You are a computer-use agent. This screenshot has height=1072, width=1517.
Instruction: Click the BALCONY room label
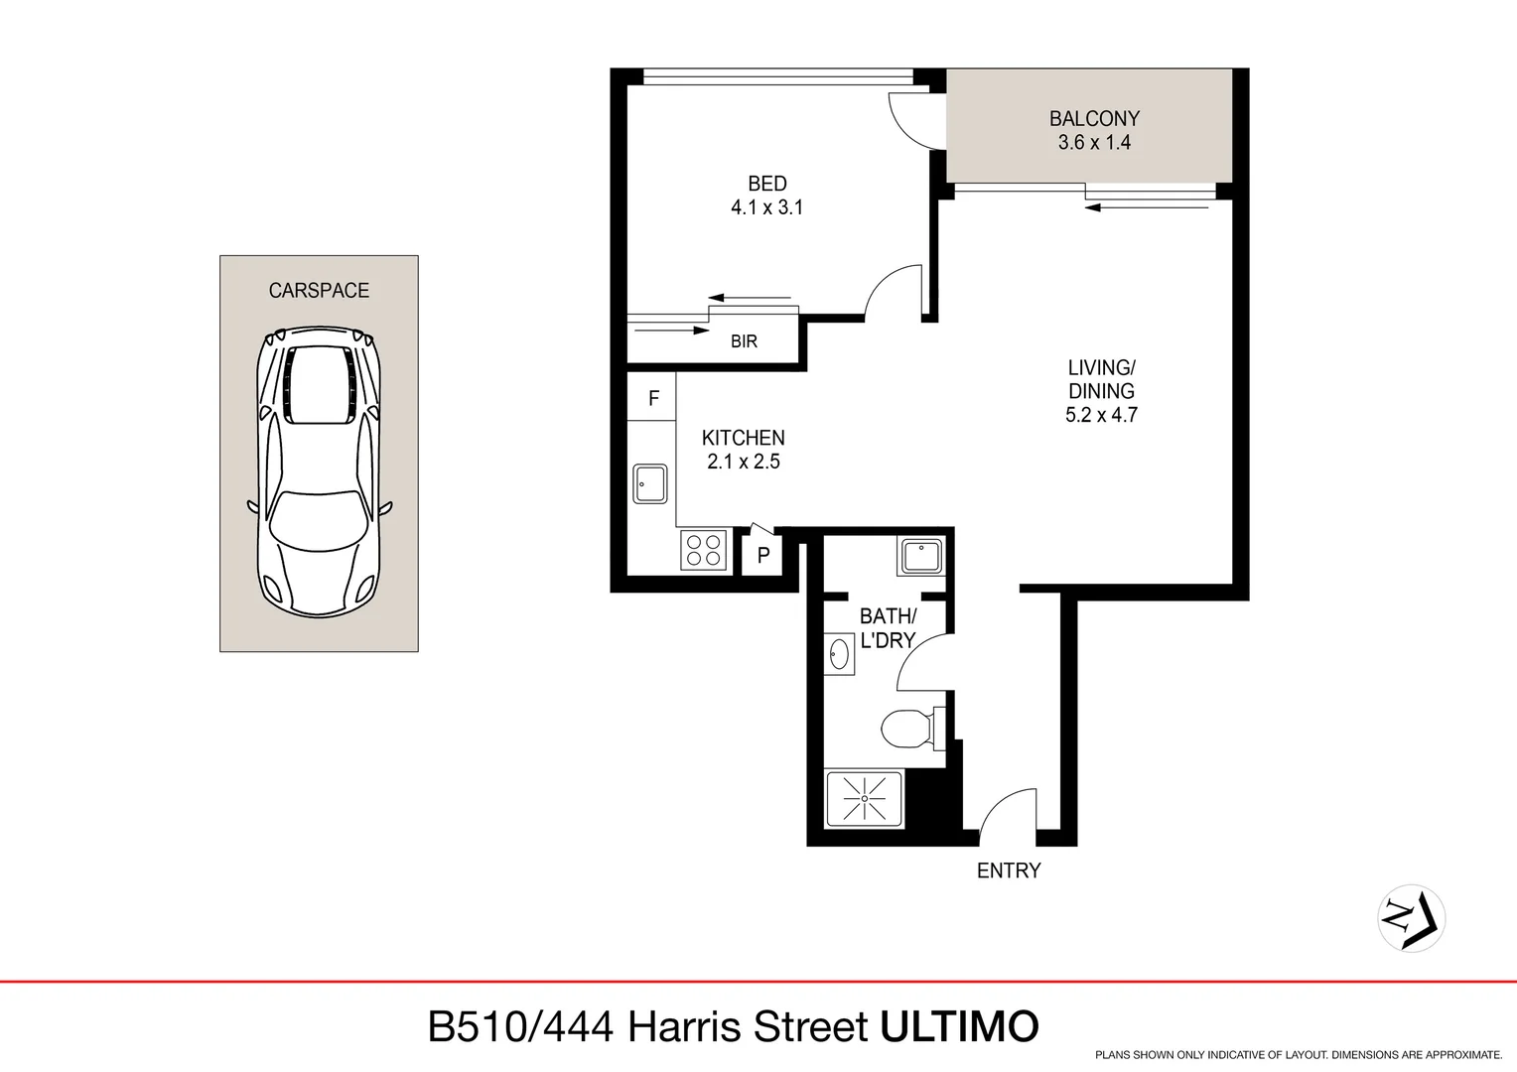click(x=1094, y=118)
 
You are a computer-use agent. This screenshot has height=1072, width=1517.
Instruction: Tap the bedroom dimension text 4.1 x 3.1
click(x=766, y=207)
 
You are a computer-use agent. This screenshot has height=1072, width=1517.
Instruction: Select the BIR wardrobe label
click(x=744, y=341)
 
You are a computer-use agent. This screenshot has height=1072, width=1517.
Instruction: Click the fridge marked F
click(x=652, y=398)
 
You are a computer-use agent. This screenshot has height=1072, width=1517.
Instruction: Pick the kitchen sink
click(x=650, y=483)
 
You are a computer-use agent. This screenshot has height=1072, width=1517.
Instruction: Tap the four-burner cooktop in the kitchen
click(x=704, y=550)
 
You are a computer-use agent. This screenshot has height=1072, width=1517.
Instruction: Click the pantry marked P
click(x=762, y=555)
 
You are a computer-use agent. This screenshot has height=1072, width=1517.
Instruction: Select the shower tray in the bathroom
click(x=865, y=799)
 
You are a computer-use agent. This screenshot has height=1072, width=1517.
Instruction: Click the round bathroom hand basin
click(x=840, y=655)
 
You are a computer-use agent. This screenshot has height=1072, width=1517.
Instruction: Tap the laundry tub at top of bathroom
click(x=921, y=556)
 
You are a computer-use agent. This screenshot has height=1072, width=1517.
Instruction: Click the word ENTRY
click(x=1009, y=871)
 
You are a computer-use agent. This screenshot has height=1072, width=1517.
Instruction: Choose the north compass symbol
click(x=1411, y=917)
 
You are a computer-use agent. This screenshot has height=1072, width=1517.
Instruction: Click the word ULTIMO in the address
click(x=959, y=1026)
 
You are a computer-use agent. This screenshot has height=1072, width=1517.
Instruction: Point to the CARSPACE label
click(x=319, y=291)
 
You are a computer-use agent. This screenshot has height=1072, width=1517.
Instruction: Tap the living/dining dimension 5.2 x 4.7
click(x=1101, y=415)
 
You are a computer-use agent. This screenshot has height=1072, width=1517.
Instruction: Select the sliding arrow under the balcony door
click(x=1146, y=207)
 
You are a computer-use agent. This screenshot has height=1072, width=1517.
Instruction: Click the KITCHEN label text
click(x=743, y=438)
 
